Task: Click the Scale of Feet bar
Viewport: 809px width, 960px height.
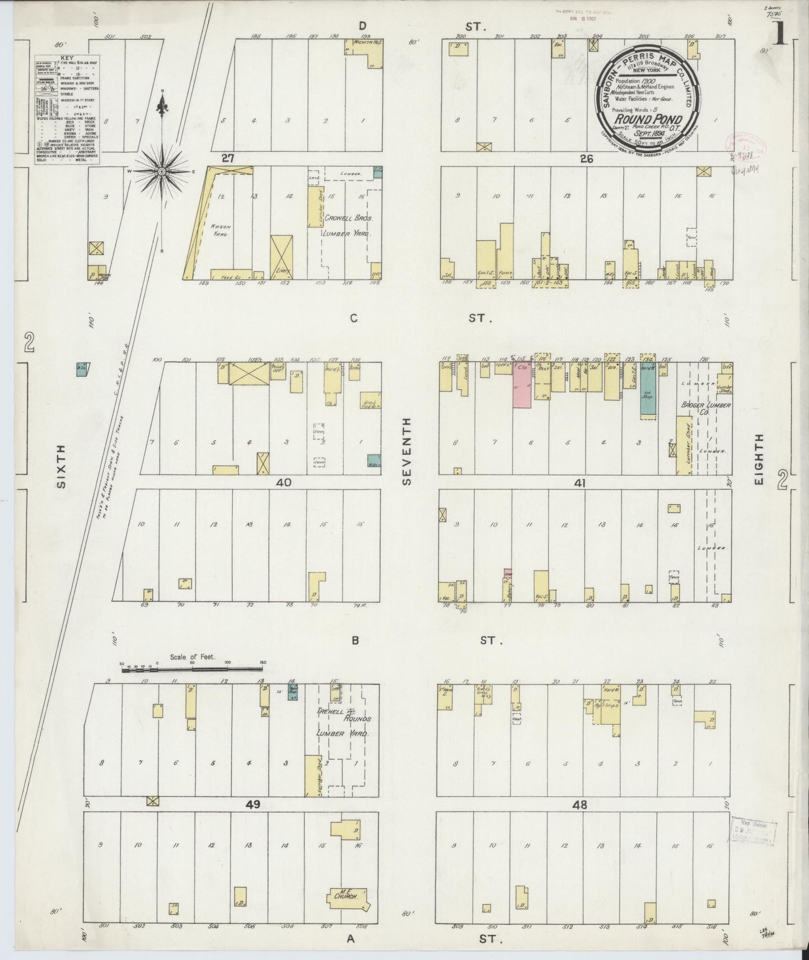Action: (193, 668)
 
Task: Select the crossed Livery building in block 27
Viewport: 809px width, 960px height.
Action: (282, 257)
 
